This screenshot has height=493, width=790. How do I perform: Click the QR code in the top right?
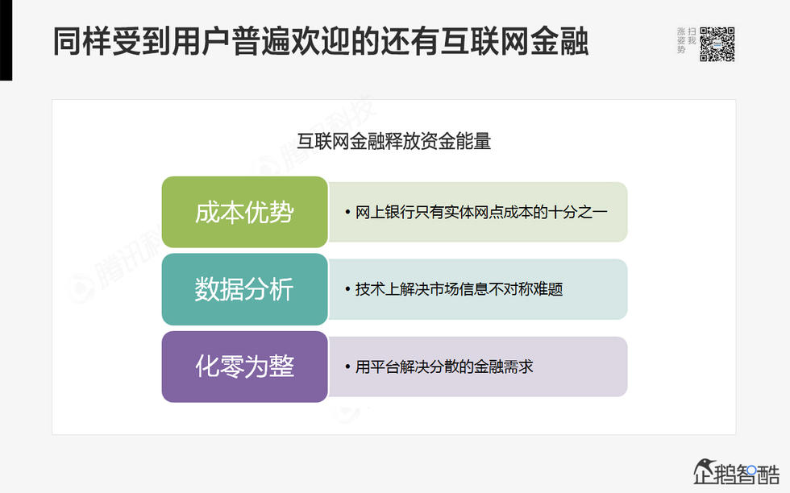[x=717, y=44]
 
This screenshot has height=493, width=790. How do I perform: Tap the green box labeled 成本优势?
[x=244, y=212]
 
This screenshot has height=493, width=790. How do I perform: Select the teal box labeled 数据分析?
[x=244, y=289]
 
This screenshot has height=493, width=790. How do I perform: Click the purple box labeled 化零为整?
[x=244, y=367]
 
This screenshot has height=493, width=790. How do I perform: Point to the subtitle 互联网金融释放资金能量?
[x=394, y=142]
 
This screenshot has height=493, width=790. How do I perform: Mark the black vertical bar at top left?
[x=6, y=40]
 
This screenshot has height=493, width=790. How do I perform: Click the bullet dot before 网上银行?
[x=347, y=213]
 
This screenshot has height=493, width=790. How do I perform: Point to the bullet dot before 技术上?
[x=347, y=290]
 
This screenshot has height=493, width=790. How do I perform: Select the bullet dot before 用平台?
[x=347, y=367]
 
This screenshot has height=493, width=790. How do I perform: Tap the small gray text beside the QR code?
[x=686, y=40]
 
